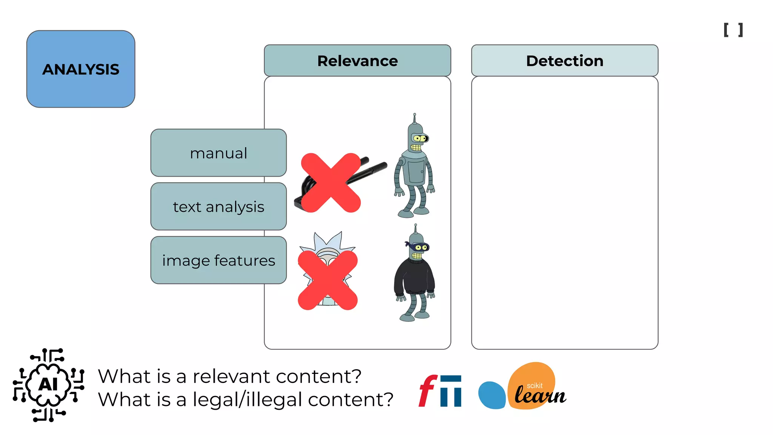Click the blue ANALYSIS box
click(x=80, y=69)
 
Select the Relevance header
click(x=357, y=61)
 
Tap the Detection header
click(x=564, y=61)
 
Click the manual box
click(x=218, y=153)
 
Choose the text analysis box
click(x=218, y=207)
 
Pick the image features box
click(x=218, y=260)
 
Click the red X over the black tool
click(x=331, y=183)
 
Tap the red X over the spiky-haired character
click(x=328, y=280)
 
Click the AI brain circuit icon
click(x=48, y=384)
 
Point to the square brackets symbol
click(x=733, y=30)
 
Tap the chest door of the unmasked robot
click(x=416, y=172)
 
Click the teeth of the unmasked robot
click(x=416, y=147)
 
